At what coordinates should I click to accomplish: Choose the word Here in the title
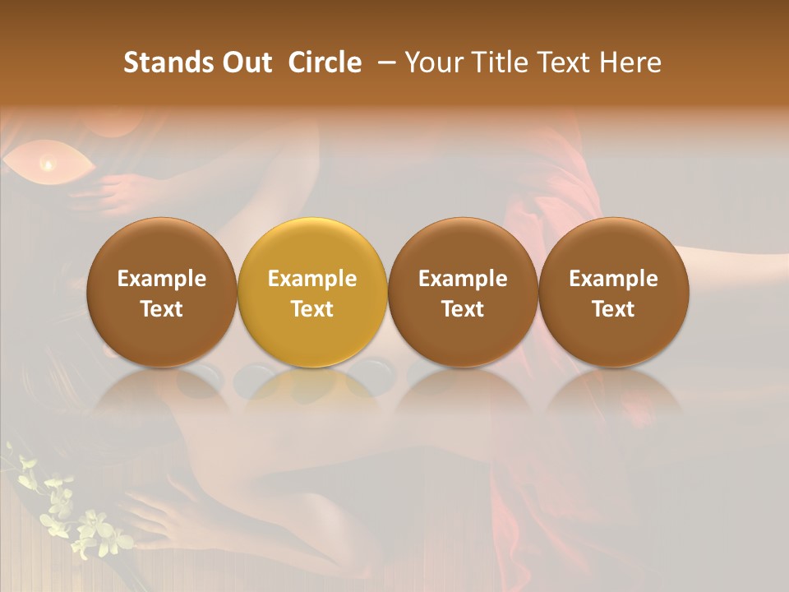click(632, 62)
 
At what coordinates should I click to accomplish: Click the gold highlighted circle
click(312, 292)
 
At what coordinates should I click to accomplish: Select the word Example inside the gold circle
click(312, 279)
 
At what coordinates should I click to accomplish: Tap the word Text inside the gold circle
click(312, 309)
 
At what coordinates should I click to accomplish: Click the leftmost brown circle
click(162, 292)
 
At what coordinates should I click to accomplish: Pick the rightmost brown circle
click(613, 292)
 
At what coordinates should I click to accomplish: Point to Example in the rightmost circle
click(613, 279)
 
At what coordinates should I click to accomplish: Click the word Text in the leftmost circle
click(162, 309)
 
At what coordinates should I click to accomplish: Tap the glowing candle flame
click(48, 165)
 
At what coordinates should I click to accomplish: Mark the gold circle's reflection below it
click(312, 395)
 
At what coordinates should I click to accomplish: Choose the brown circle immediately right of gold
click(463, 292)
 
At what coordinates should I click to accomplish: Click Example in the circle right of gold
click(463, 279)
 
